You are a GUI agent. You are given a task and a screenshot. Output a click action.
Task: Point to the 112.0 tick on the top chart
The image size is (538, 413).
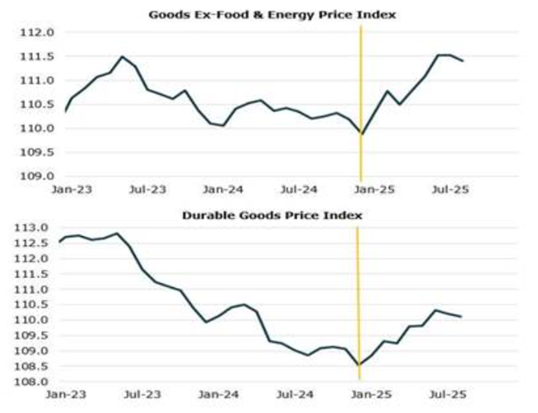[37, 33]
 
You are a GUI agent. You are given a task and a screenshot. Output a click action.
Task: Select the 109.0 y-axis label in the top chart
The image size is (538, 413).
[37, 176]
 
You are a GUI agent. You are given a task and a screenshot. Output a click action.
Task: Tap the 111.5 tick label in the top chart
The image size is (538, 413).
[37, 57]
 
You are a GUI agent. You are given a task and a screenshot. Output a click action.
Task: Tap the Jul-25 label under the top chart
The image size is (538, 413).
[451, 189]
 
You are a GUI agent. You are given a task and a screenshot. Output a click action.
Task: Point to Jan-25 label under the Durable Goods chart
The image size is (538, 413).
[375, 395]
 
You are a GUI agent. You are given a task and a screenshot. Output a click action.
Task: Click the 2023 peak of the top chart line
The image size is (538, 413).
[122, 56]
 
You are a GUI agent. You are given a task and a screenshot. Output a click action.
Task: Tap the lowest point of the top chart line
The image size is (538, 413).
[362, 133]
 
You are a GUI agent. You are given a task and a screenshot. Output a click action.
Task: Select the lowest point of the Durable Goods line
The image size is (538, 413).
[358, 365]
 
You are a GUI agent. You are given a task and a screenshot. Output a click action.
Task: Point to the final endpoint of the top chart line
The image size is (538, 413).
[463, 60]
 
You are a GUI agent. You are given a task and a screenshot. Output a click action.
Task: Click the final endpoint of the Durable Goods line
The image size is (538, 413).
[461, 316]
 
